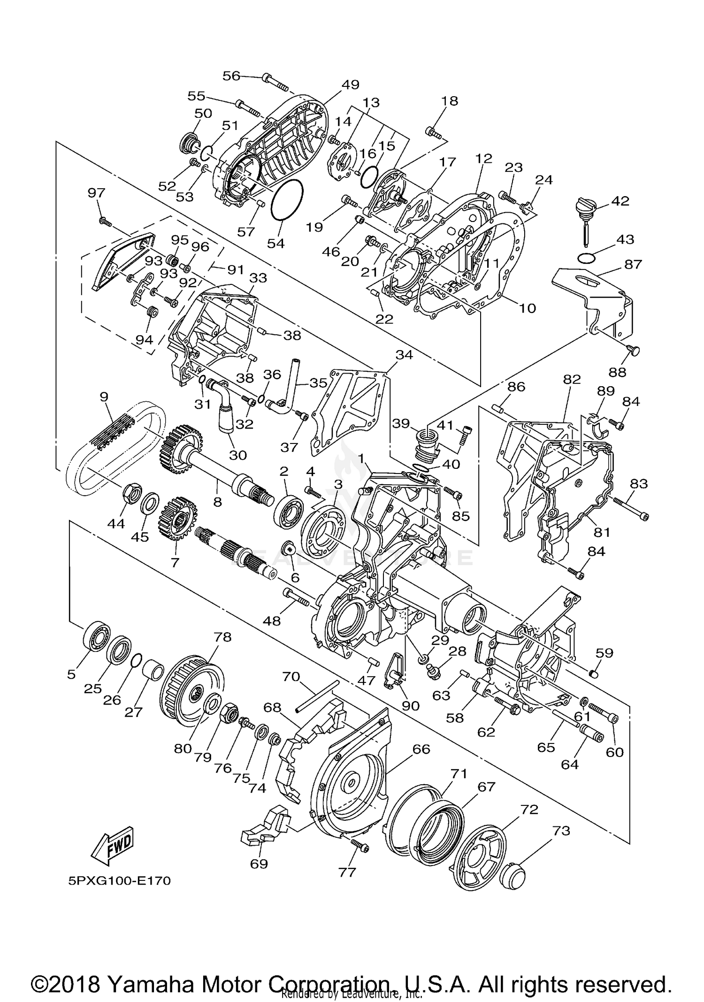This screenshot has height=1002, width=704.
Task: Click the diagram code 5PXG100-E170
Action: point(120,880)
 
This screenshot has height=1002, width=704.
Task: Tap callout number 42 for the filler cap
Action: point(620,201)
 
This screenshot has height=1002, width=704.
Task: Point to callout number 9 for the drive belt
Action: point(104,397)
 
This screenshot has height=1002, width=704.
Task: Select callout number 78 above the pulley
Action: point(222,637)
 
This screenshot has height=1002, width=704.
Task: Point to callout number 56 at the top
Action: point(231,76)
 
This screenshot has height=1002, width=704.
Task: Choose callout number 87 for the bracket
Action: point(633,264)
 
